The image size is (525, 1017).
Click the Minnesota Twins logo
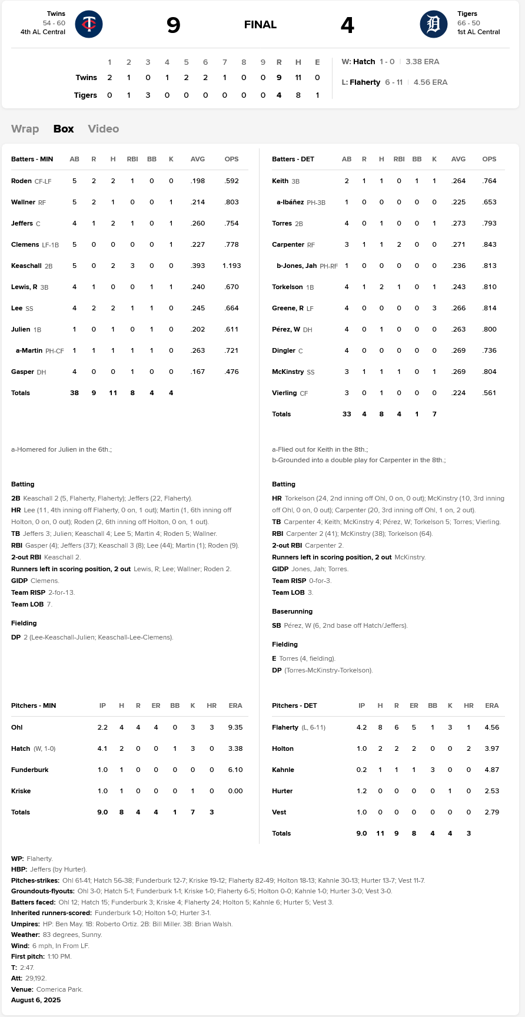point(89,24)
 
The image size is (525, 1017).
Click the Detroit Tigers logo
point(434,24)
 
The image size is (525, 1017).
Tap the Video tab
point(104,129)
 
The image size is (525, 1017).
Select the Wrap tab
point(25,129)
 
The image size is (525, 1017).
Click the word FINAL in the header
point(260,25)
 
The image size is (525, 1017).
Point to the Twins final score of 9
point(173,25)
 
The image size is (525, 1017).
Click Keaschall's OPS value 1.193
point(232,266)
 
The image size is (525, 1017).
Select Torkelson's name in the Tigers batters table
point(287,287)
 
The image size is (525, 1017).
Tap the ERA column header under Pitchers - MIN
point(235,705)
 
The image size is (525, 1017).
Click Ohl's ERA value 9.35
point(235,727)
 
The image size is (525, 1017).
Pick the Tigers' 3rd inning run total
point(148,95)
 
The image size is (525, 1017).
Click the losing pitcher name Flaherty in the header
point(365,82)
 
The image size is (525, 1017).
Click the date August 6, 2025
point(36,1000)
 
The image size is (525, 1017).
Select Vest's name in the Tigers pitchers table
point(279,813)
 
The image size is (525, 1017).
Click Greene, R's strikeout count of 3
point(434,309)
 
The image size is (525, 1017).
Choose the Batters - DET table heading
point(293,159)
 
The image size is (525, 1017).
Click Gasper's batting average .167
point(198,372)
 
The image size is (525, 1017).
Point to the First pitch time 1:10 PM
point(59,956)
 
